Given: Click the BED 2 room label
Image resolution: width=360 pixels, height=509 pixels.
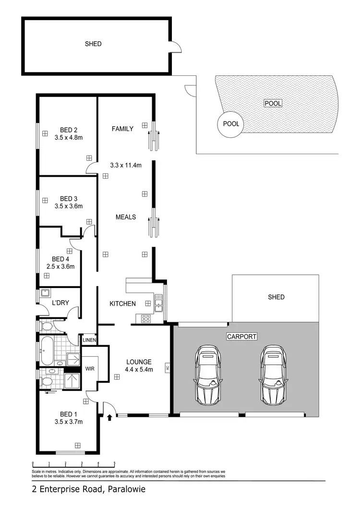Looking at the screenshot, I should click(x=69, y=130).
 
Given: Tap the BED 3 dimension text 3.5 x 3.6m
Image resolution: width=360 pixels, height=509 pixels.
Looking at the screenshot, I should click(x=69, y=206).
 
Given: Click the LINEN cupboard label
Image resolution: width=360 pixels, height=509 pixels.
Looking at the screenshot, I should click(x=89, y=340).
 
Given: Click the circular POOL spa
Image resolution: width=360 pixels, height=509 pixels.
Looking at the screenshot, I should click(x=231, y=124).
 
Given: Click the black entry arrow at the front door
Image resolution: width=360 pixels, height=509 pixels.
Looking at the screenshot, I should click(x=110, y=417).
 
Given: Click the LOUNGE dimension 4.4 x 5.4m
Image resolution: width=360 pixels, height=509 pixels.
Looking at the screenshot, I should click(x=139, y=370).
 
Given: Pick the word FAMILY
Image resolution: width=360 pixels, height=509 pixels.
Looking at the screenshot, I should click(x=122, y=129).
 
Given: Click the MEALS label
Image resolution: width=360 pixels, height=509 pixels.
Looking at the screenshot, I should click(x=126, y=217).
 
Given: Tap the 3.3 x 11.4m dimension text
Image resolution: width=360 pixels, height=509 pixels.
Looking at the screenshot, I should click(x=126, y=165).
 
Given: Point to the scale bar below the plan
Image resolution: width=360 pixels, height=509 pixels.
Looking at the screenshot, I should click(x=73, y=464).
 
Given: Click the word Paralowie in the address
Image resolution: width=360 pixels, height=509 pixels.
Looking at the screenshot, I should click(x=126, y=490).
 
